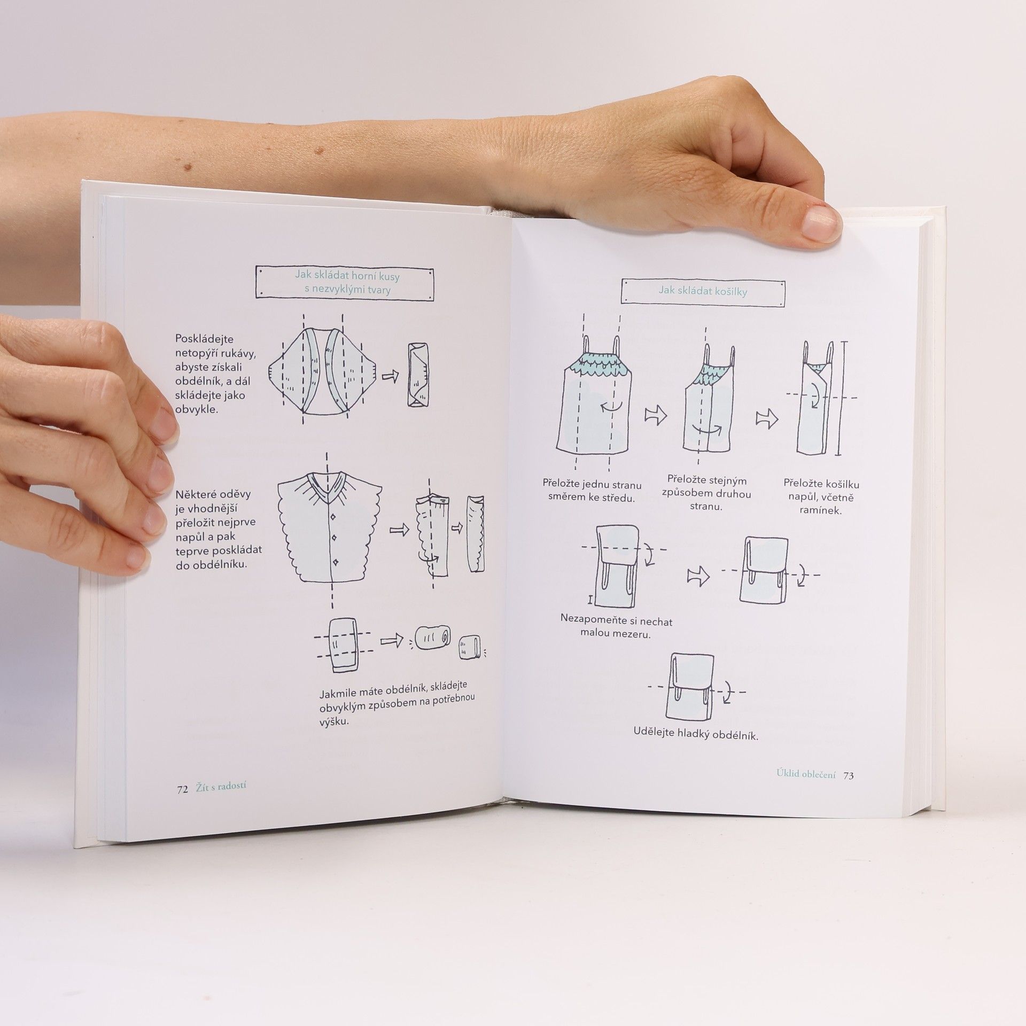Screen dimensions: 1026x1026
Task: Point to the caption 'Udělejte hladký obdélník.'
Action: pyautogui.click(x=696, y=735)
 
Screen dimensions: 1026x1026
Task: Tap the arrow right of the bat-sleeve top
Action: pyautogui.click(x=391, y=377)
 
